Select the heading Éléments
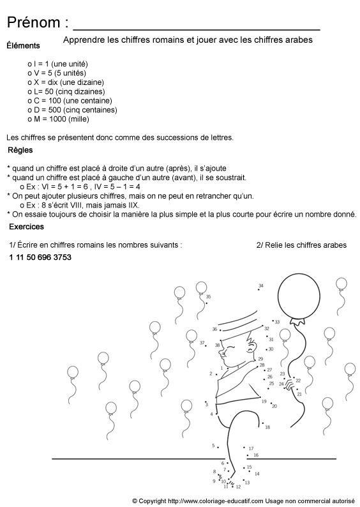pyautogui.click(x=23, y=45)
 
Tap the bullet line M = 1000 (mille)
pyautogui.click(x=59, y=119)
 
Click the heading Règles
pyautogui.click(x=20, y=151)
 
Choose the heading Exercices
pyautogui.click(x=26, y=227)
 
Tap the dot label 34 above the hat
pyautogui.click(x=260, y=286)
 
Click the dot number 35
pyautogui.click(x=208, y=297)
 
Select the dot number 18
pyautogui.click(x=267, y=427)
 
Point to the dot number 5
pyautogui.click(x=213, y=446)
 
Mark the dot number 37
pyautogui.click(x=202, y=344)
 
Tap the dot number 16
pyautogui.click(x=255, y=455)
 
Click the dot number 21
pyautogui.click(x=299, y=395)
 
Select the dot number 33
pyautogui.click(x=276, y=322)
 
